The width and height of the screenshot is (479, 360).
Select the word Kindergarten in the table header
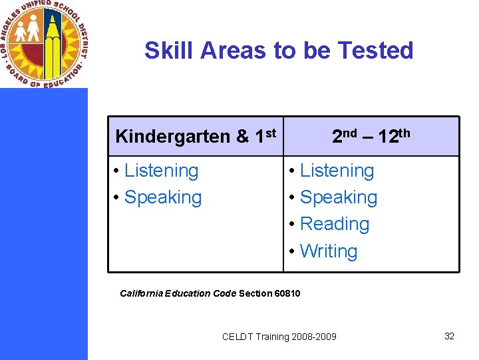(172, 137)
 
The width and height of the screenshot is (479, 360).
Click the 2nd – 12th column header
(371, 136)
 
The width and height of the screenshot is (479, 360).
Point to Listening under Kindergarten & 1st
(161, 171)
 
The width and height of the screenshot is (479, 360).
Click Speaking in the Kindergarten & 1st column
(162, 197)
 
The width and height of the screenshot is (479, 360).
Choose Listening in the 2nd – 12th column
(337, 171)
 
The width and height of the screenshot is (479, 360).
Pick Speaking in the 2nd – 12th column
(338, 197)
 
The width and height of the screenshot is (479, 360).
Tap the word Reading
(334, 224)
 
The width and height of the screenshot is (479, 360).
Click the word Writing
(329, 251)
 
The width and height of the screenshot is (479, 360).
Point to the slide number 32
(449, 336)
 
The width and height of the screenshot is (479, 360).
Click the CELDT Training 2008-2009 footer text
(279, 337)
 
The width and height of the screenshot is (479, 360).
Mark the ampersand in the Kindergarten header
(242, 137)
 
